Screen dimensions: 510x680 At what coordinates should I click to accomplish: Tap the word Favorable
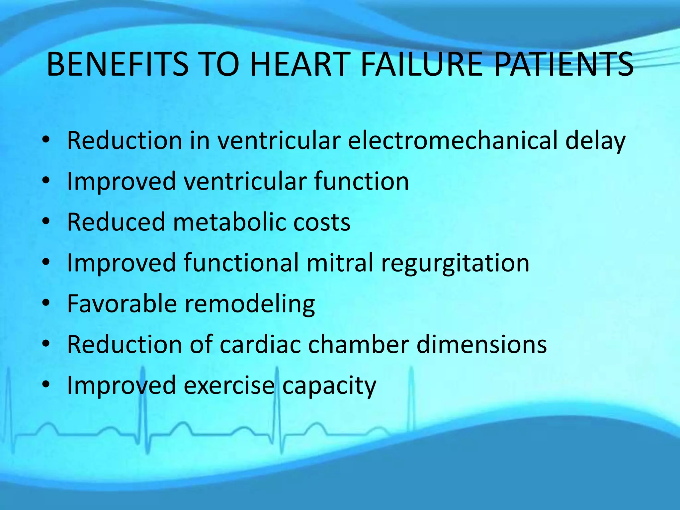[x=122, y=303]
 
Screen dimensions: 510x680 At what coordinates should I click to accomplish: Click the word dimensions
[x=481, y=344]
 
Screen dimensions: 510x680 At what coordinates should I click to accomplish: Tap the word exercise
[x=229, y=385]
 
